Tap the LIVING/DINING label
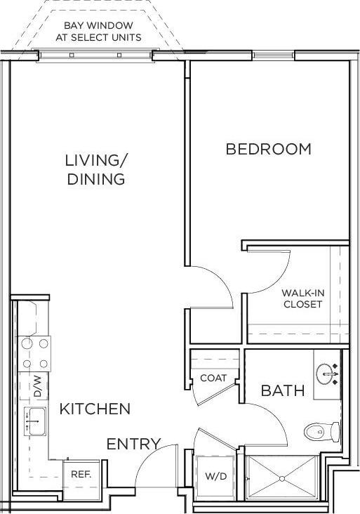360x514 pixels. tap(96, 169)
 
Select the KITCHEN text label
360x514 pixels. tap(95, 409)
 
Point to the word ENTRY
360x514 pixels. tap(133, 444)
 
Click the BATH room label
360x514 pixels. tap(283, 390)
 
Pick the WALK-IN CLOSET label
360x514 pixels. tap(302, 298)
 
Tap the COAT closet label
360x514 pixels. tap(213, 378)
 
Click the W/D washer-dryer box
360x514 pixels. tap(215, 476)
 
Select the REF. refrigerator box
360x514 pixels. tap(81, 474)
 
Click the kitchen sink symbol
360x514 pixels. tap(34, 421)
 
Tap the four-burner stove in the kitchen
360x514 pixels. tap(35, 353)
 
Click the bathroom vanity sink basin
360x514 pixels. tap(327, 374)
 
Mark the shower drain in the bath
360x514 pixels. tap(283, 479)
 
